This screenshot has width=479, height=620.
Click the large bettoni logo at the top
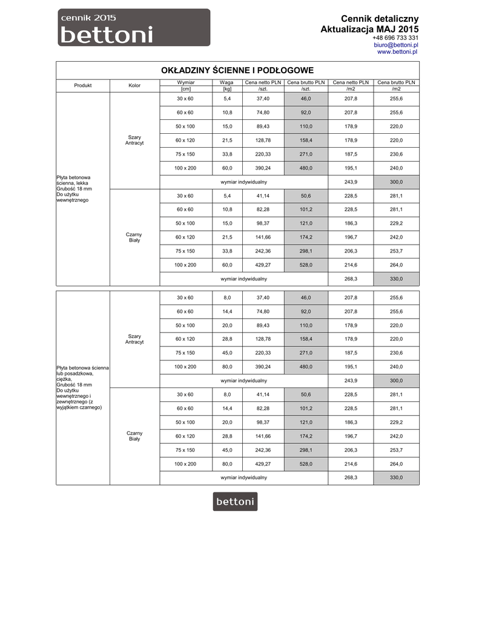[134, 28]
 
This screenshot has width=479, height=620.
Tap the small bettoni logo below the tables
[235, 501]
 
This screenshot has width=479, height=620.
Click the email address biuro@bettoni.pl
[396, 45]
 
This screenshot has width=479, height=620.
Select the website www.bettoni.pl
[398, 52]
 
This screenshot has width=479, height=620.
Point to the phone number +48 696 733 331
[395, 38]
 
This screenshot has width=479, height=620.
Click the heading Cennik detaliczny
[379, 19]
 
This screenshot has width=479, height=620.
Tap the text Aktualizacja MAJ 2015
[369, 29]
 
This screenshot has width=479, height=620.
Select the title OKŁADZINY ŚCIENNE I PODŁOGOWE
[237, 70]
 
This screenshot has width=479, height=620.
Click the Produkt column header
[83, 85]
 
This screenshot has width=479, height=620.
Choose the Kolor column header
[134, 85]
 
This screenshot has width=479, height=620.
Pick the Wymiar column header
[185, 82]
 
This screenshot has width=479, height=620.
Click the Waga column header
[227, 82]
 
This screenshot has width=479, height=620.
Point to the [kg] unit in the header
[227, 89]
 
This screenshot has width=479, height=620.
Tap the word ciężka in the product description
[64, 380]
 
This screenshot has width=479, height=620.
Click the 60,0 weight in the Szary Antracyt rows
[227, 168]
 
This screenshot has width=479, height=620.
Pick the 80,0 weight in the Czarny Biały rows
[227, 464]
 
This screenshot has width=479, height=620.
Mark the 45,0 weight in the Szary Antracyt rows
[227, 353]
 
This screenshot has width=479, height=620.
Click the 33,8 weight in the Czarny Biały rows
[227, 251]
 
